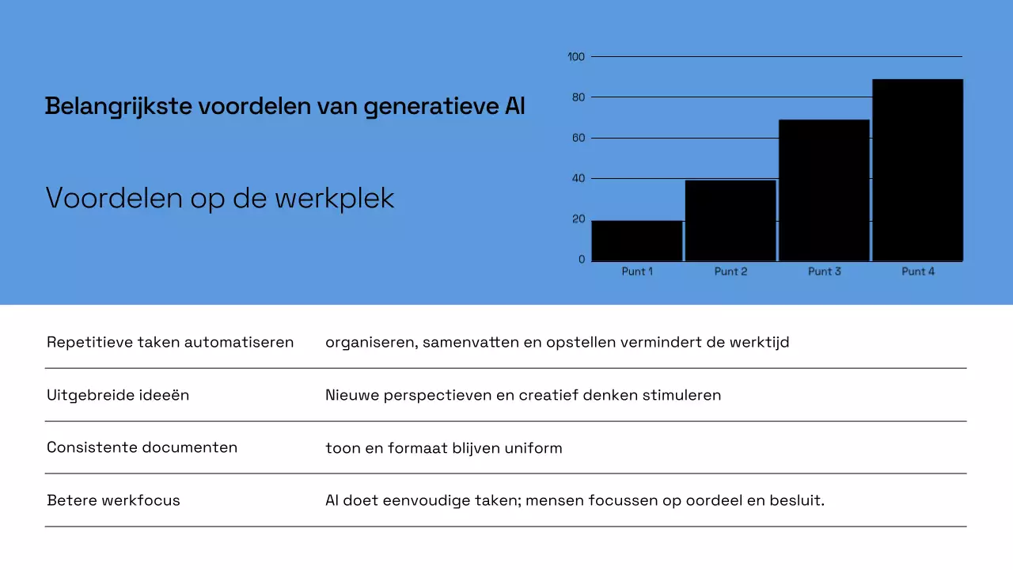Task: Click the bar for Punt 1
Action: (x=637, y=241)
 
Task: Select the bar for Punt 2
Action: (x=730, y=221)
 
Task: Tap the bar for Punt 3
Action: (x=824, y=190)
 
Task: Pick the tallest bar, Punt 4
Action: (x=918, y=170)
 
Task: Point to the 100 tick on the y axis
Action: (x=576, y=57)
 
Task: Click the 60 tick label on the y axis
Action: (x=578, y=139)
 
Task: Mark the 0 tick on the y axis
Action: (x=582, y=260)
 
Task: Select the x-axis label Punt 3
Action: (x=824, y=272)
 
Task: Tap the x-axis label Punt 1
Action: (x=637, y=272)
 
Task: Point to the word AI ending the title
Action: (x=514, y=106)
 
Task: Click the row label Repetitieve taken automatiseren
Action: (x=170, y=342)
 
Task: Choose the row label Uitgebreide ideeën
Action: (x=118, y=394)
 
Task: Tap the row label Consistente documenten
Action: (x=142, y=447)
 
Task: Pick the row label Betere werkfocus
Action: (x=113, y=500)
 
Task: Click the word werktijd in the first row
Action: (x=760, y=342)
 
